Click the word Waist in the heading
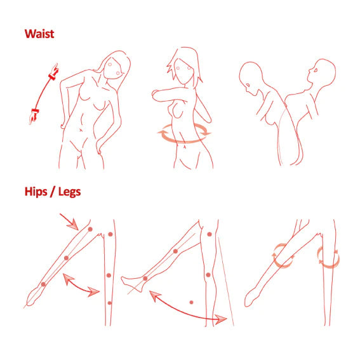pos(39,34)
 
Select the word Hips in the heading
pos(35,191)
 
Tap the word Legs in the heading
pos(69,192)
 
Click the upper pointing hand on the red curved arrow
pos(54,72)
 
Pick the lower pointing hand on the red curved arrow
pos(34,116)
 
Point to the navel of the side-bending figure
pos(81,130)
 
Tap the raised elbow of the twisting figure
pos(154,95)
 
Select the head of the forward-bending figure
pos(251,78)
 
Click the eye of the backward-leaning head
pos(316,70)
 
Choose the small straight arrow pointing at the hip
pos(69,222)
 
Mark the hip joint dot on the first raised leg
pos(90,229)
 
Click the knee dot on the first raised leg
pos(67,258)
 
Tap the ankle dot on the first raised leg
pos(43,284)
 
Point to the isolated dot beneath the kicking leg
pos(191,302)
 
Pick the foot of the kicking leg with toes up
pos(132,284)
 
